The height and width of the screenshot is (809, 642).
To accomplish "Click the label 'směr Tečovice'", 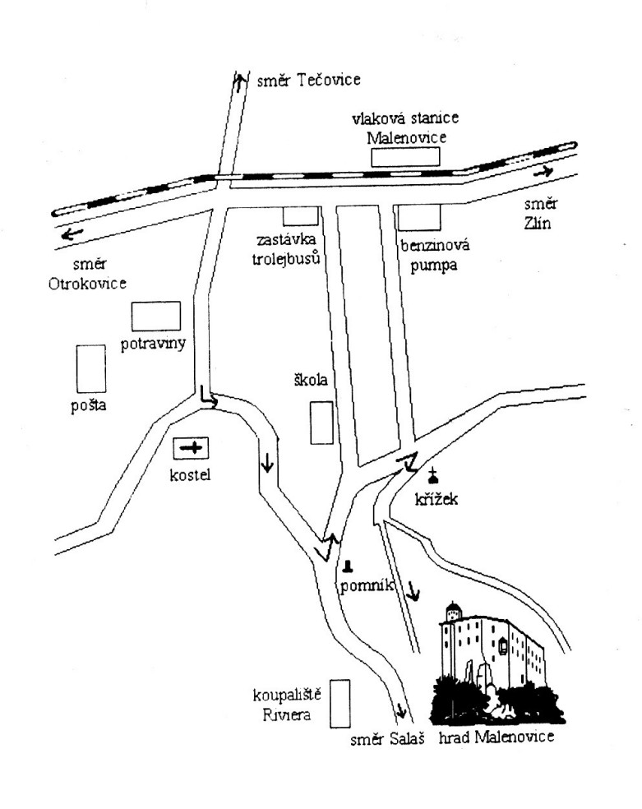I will tap(308, 80).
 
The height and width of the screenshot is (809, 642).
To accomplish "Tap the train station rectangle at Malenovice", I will tap(404, 157).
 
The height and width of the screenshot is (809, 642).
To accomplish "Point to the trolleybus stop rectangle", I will tap(300, 215).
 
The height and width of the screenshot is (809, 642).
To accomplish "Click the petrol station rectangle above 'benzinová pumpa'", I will tap(419, 217).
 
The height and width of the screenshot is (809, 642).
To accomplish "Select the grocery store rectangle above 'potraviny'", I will tap(156, 316).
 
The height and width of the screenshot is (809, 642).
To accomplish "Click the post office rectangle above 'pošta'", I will tap(90, 368).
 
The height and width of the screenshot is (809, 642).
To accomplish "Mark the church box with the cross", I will tap(192, 448).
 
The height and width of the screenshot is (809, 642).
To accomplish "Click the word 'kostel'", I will tap(191, 474).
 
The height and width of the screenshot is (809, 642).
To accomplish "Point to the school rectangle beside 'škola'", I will tap(321, 422).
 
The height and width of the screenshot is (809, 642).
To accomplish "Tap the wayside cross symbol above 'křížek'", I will tap(433, 474).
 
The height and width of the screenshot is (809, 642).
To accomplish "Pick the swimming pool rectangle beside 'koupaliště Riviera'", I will tap(339, 703).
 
